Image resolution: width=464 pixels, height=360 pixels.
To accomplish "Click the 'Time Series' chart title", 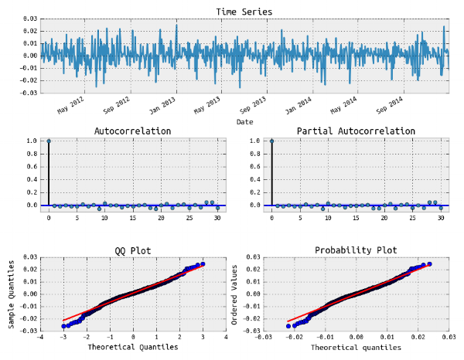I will tap(244, 12).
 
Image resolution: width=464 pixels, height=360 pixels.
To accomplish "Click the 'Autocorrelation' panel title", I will tap(132, 131).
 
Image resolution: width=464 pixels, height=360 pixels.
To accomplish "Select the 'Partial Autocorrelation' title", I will tap(356, 131).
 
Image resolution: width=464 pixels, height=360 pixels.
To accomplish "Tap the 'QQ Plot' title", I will tap(132, 251).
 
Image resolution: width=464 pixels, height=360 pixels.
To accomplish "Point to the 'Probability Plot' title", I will tap(356, 251).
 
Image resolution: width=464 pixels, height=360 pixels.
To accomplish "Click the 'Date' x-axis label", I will tap(244, 122).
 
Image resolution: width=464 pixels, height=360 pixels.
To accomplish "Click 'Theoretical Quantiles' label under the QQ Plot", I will tap(133, 348).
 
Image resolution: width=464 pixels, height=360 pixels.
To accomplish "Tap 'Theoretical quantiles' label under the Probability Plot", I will tap(356, 348).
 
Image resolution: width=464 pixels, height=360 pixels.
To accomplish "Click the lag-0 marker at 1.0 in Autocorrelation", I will tap(49, 141).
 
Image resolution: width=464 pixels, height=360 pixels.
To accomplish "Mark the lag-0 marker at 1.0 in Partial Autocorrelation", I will tap(271, 141).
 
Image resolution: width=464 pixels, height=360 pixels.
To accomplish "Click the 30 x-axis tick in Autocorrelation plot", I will tap(217, 218).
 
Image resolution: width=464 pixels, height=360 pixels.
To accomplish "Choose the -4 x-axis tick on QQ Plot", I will tap(40, 338).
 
